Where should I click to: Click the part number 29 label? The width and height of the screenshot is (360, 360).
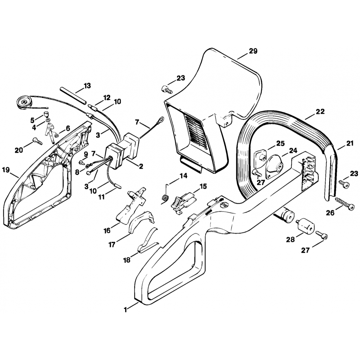pyautogui.click(x=253, y=51)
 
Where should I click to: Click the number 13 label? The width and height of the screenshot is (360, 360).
pyautogui.click(x=87, y=86)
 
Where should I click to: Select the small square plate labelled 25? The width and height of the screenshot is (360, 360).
pyautogui.click(x=260, y=157)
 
